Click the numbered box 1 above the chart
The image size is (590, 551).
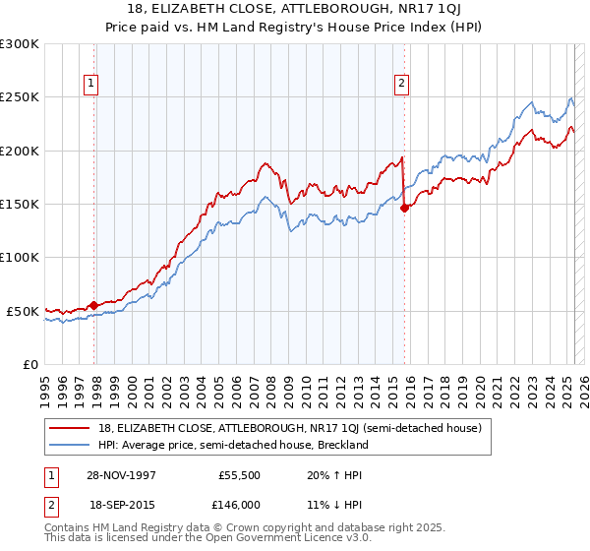[90, 85]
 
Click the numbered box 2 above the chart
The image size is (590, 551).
[402, 85]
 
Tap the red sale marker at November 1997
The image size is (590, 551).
[94, 305]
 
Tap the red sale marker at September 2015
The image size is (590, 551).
[404, 208]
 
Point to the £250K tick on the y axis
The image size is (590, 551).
[21, 97]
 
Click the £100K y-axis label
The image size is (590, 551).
[21, 257]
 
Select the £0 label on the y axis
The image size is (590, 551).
[30, 364]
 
